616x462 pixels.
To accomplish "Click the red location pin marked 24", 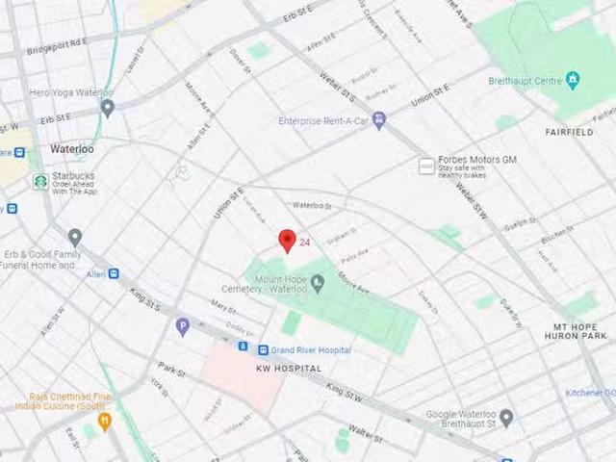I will click(x=286, y=241).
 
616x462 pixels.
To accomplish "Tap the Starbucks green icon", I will click(x=40, y=181).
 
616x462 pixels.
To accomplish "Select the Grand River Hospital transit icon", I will click(x=263, y=349).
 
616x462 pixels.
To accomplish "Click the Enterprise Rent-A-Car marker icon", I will click(x=379, y=120).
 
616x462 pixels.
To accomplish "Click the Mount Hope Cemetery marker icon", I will click(x=318, y=281).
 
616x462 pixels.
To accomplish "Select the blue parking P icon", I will click(x=182, y=327).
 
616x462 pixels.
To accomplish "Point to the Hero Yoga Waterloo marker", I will click(x=108, y=108).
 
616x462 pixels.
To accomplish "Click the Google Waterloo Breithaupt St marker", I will click(x=506, y=418).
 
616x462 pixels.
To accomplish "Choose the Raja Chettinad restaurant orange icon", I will click(x=105, y=421).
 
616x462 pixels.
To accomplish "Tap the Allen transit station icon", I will click(x=114, y=273).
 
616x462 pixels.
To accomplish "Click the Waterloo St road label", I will click(x=312, y=205).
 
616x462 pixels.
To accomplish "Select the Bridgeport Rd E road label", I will click(x=58, y=46).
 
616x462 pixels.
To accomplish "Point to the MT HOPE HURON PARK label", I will click(x=580, y=332).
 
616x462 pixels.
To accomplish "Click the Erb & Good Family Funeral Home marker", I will click(x=75, y=237).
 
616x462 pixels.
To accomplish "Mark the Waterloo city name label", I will click(x=72, y=149).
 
